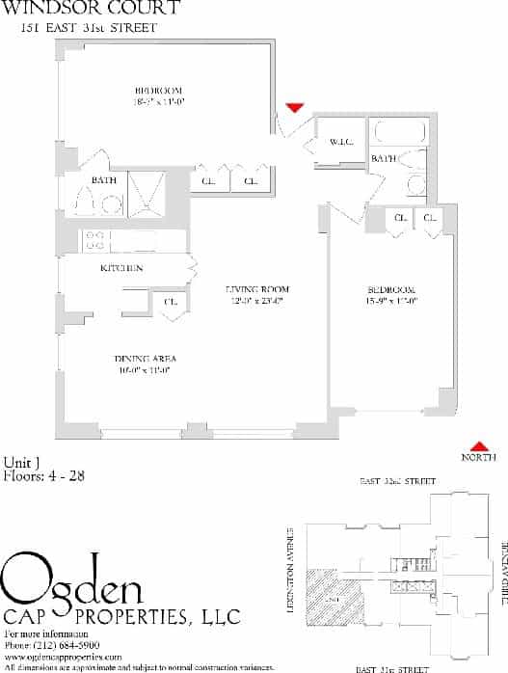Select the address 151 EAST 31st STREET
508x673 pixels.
click(x=88, y=28)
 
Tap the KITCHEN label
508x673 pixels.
click(x=121, y=267)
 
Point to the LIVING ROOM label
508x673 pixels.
click(x=257, y=289)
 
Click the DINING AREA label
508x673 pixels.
click(x=145, y=358)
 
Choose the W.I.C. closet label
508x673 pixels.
click(x=342, y=143)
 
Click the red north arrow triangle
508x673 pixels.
click(x=477, y=444)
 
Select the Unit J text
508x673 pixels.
click(x=21, y=461)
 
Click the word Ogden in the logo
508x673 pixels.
click(x=72, y=581)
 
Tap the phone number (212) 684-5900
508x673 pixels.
click(x=60, y=644)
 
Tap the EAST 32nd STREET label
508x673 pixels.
click(x=397, y=480)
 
